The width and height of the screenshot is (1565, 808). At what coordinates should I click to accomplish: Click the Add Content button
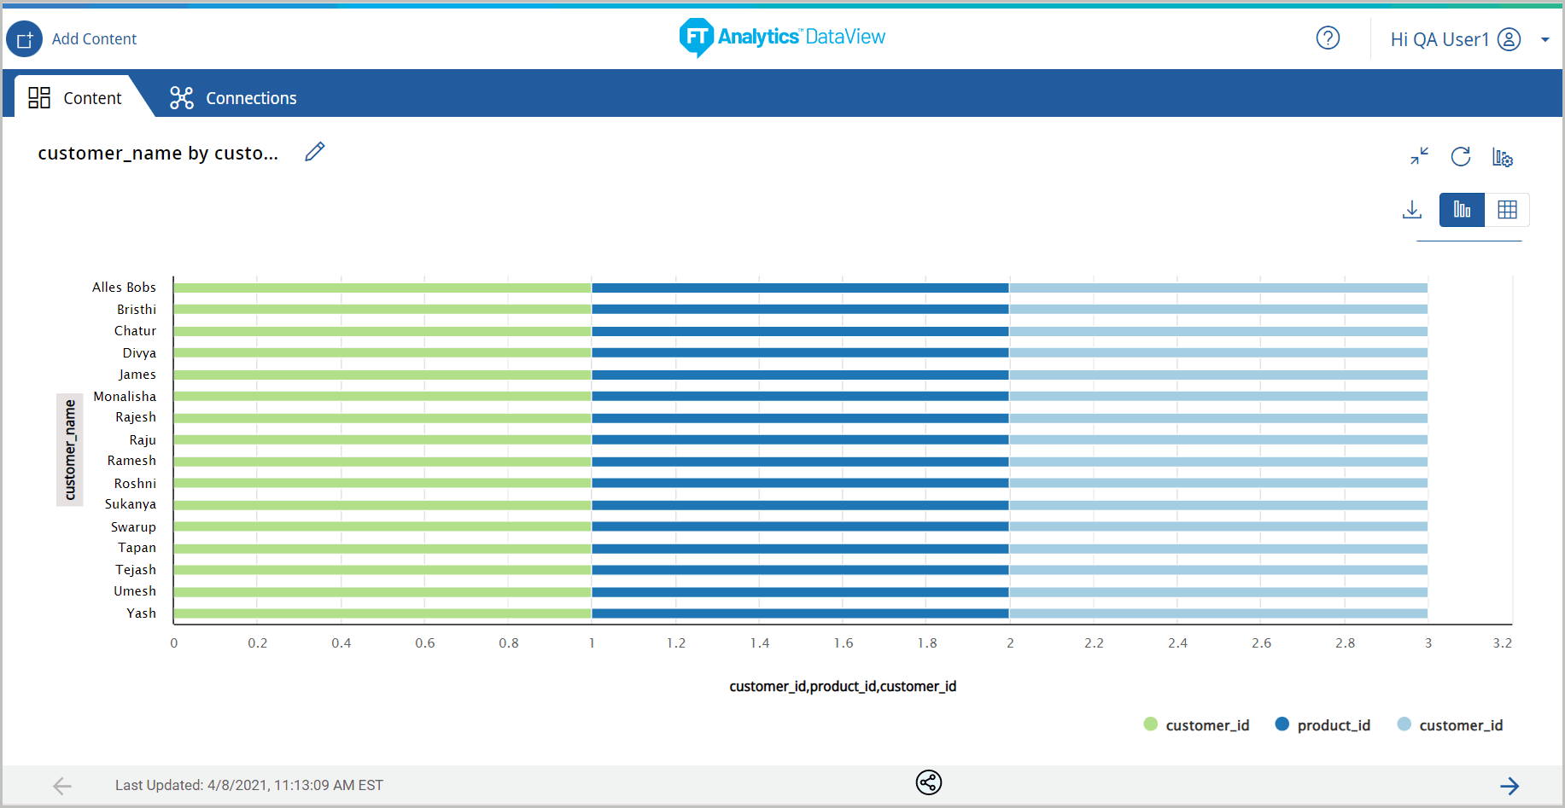pyautogui.click(x=25, y=39)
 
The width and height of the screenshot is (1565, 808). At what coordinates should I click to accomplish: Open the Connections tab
pyautogui.click(x=233, y=98)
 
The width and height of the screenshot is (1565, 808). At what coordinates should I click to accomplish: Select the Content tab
pyautogui.click(x=75, y=98)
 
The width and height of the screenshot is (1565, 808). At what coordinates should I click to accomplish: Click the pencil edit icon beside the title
pyautogui.click(x=315, y=152)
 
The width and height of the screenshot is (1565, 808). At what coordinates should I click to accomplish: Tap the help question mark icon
pyautogui.click(x=1328, y=38)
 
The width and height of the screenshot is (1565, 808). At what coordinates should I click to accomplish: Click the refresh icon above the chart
pyautogui.click(x=1461, y=157)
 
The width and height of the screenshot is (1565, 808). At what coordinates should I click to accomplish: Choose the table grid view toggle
pyautogui.click(x=1507, y=210)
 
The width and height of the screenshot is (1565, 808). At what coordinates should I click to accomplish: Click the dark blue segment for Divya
pyautogui.click(x=800, y=352)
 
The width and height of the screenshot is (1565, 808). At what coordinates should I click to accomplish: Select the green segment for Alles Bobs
pyautogui.click(x=382, y=288)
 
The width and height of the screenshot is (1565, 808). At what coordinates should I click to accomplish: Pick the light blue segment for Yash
pyautogui.click(x=1218, y=613)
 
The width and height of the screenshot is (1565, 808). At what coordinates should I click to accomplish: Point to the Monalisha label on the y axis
pyautogui.click(x=125, y=397)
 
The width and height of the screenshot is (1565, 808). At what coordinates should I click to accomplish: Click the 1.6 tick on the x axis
pyautogui.click(x=844, y=643)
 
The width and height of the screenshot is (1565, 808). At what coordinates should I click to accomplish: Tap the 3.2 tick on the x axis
pyautogui.click(x=1503, y=643)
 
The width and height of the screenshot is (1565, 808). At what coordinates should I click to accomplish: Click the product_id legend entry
pyautogui.click(x=1333, y=725)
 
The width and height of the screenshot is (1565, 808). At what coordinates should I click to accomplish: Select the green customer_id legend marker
pyautogui.click(x=1151, y=724)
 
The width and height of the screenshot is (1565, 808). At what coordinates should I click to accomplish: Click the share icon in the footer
pyautogui.click(x=929, y=782)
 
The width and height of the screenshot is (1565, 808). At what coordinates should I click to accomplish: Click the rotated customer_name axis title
pyautogui.click(x=70, y=450)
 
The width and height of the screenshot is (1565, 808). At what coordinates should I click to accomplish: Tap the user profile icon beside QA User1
pyautogui.click(x=1510, y=39)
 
